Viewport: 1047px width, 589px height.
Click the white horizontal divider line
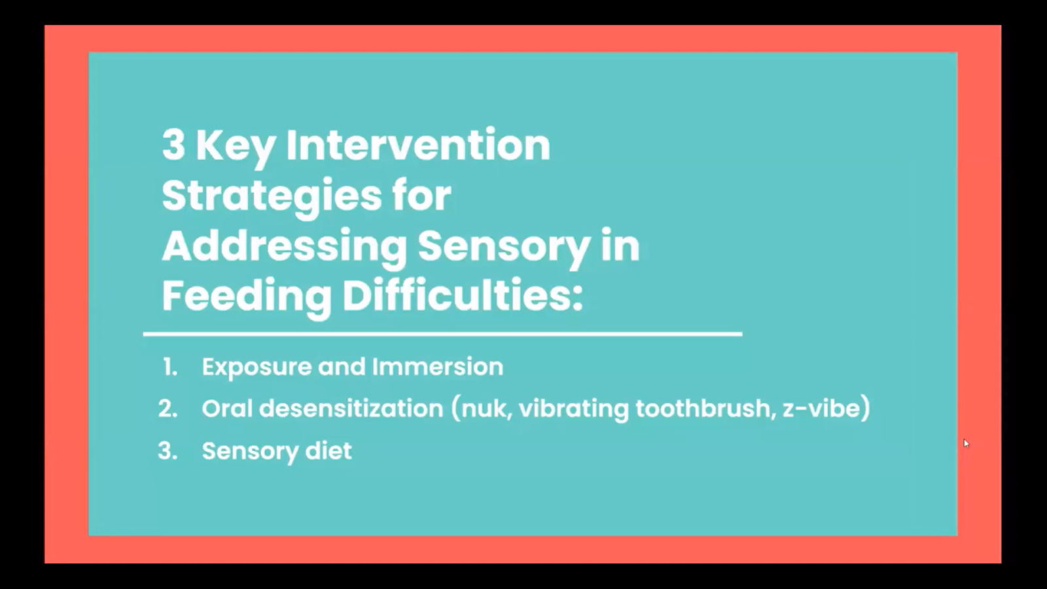(x=442, y=334)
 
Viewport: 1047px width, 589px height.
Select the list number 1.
(x=170, y=367)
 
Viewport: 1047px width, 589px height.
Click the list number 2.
(x=168, y=409)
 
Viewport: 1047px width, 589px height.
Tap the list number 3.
(x=168, y=451)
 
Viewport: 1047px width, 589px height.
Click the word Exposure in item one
(x=256, y=368)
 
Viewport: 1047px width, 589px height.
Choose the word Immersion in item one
(x=438, y=366)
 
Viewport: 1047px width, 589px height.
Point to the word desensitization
(x=351, y=408)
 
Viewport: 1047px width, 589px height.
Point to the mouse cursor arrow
(x=966, y=443)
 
